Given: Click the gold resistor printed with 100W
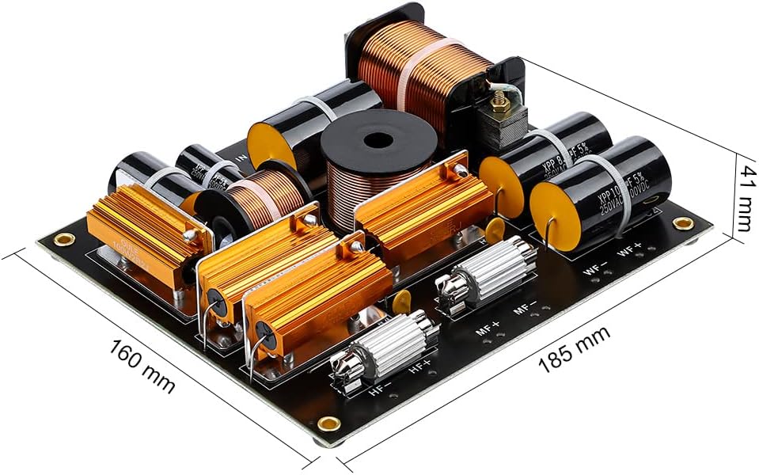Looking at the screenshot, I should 146,230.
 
